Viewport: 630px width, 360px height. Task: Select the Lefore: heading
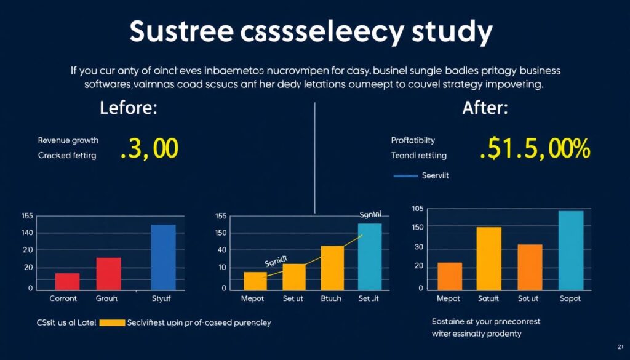click(x=128, y=110)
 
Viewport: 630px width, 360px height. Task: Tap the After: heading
click(x=485, y=110)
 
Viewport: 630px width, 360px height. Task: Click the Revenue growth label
click(x=68, y=140)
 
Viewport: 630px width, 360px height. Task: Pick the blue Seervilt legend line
click(x=406, y=175)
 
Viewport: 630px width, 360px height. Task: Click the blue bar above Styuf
click(x=163, y=257)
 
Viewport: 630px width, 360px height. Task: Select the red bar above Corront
click(x=67, y=281)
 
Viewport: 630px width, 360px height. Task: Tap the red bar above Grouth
click(x=108, y=274)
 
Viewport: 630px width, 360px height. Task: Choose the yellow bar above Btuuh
click(x=332, y=268)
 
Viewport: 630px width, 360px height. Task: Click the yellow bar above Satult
click(x=488, y=258)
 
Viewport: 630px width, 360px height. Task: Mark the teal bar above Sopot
click(x=570, y=250)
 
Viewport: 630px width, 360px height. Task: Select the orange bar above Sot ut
click(x=530, y=267)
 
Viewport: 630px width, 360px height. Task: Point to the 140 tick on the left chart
click(x=27, y=233)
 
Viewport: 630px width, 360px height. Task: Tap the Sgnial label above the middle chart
click(x=370, y=215)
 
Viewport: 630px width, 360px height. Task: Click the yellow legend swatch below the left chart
click(x=112, y=322)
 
